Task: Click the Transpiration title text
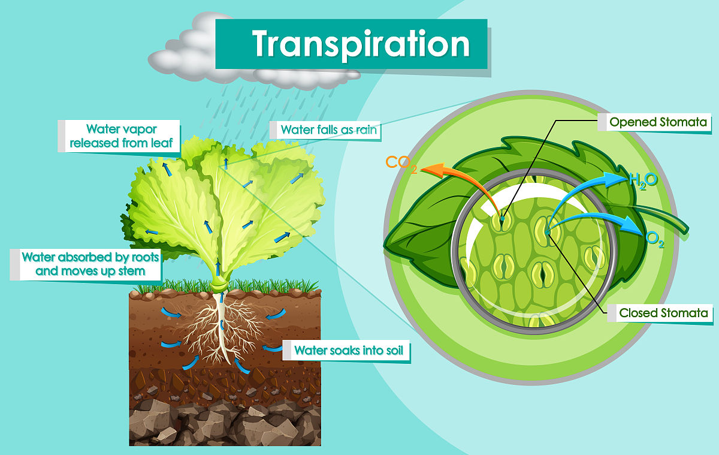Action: click(x=361, y=44)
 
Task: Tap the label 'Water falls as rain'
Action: click(x=328, y=129)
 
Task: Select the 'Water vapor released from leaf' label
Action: click(x=121, y=136)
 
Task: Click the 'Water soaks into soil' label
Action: click(x=349, y=350)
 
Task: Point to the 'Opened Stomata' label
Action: click(x=658, y=122)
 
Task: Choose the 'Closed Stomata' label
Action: click(x=663, y=313)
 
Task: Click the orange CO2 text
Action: click(x=401, y=164)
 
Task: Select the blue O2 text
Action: click(x=654, y=240)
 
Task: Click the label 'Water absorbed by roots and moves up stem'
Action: click(x=90, y=264)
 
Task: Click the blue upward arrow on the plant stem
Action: click(x=218, y=268)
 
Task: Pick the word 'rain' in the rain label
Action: click(x=366, y=129)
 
